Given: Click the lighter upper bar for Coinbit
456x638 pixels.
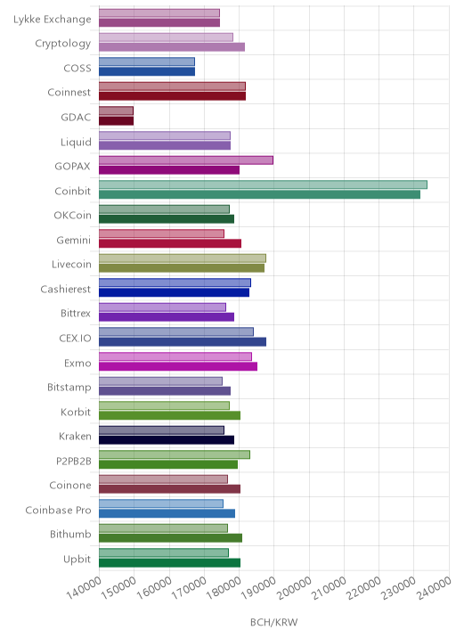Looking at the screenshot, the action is coord(263,184).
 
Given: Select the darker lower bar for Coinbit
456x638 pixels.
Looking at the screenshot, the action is coord(259,194).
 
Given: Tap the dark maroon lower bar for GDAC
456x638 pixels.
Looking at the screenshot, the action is coord(117,121).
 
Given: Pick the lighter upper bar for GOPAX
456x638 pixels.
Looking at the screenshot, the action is coord(186,159).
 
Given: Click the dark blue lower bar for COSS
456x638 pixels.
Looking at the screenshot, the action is coord(147,71).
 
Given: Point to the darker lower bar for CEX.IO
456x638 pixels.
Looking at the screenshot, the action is coord(183,342).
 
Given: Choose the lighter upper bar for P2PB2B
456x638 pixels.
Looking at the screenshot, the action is coord(175,454).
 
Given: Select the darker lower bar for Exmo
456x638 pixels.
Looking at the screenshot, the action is coord(178,366).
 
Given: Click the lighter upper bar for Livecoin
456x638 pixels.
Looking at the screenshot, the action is coord(183,258).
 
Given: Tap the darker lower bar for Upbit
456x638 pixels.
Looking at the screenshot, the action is coord(169,563).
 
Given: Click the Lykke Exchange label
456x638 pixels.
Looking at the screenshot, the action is coord(52,19).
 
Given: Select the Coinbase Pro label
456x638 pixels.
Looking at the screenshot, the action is coord(58,510).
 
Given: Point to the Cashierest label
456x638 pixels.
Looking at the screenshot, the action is coord(66,289).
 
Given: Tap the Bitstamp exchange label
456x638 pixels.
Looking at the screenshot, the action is coord(69,387).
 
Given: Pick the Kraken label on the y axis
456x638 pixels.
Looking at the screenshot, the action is coord(75,437).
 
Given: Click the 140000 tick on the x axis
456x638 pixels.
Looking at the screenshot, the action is coord(84,587).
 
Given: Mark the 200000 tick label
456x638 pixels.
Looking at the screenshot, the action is coord(294,587).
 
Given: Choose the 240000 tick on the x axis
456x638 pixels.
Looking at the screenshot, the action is coord(435,587).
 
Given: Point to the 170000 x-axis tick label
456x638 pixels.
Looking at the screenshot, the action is coord(189,587).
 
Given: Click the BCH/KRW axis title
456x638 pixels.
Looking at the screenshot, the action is coord(273,622).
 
